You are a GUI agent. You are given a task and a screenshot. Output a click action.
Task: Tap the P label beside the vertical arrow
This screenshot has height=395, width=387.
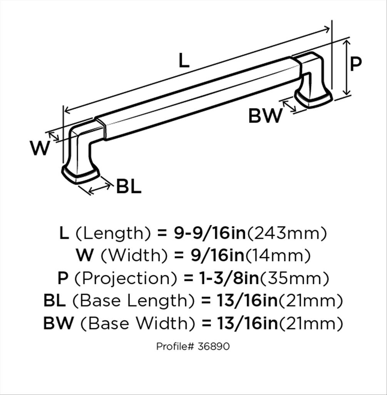click(356, 64)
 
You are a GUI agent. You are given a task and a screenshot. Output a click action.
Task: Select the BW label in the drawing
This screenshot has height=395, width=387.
click(265, 116)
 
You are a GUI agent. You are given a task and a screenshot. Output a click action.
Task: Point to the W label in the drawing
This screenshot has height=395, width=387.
click(40, 148)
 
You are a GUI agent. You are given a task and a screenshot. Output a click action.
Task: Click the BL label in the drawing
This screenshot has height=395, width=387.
click(129, 187)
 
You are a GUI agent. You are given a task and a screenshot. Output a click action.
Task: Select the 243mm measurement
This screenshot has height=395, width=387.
click(287, 233)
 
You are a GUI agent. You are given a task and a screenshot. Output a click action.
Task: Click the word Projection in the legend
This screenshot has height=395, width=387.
click(126, 279)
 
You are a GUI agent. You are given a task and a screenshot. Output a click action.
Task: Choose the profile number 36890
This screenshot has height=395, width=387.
click(213, 346)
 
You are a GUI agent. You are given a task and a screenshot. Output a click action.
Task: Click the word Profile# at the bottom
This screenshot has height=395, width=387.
click(175, 346)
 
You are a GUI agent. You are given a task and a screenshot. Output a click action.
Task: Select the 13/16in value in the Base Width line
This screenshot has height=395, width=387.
click(248, 323)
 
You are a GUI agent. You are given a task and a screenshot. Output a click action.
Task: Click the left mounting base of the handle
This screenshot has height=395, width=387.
click(80, 174)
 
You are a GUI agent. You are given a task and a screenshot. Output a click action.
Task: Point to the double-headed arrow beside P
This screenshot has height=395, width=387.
click(347, 68)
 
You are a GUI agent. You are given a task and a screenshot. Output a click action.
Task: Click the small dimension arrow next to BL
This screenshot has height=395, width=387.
click(100, 189)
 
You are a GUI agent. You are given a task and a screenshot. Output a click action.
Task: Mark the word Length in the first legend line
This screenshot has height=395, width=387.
click(113, 234)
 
